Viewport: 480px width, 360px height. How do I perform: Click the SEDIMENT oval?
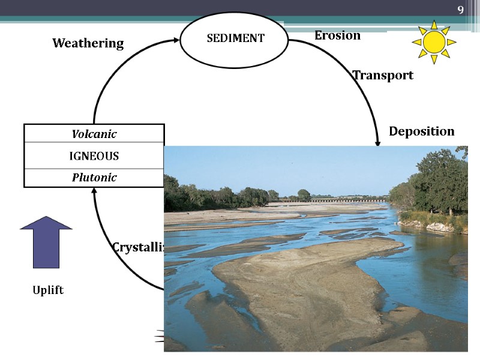(235, 38)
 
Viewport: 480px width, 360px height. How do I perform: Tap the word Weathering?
(88, 43)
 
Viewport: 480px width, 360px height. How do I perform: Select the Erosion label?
(337, 35)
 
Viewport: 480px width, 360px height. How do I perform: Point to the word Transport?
(383, 76)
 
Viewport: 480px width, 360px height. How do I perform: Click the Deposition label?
(421, 131)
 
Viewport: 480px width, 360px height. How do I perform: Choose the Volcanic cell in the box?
(94, 134)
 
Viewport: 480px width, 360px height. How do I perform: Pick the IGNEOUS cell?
(94, 156)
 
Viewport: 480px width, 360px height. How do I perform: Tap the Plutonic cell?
(94, 178)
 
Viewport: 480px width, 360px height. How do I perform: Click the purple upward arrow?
(46, 241)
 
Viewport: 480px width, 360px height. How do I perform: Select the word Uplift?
(48, 290)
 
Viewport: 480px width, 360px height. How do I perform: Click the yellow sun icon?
(434, 42)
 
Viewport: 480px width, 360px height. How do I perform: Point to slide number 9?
(460, 10)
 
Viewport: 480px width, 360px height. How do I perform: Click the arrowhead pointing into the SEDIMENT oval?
(175, 40)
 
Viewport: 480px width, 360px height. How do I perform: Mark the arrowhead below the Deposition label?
(378, 142)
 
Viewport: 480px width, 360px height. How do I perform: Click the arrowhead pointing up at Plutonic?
(94, 191)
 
